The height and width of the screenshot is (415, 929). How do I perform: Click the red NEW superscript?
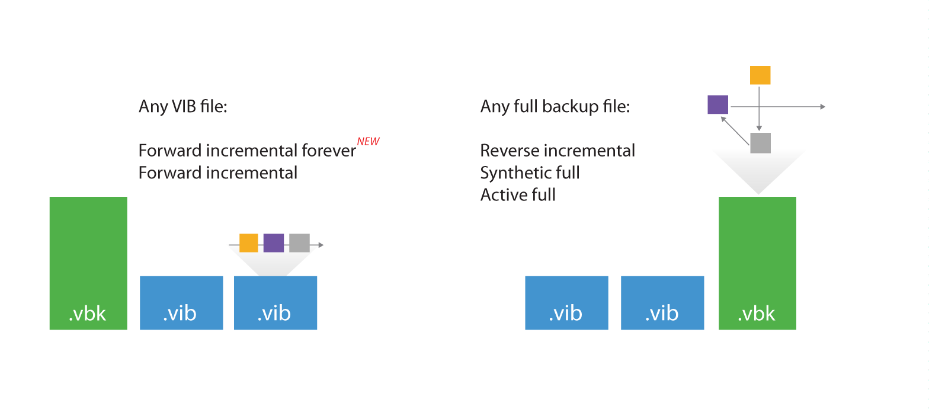click(369, 142)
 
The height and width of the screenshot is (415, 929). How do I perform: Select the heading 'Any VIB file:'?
click(183, 106)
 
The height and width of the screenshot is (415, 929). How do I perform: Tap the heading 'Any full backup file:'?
click(555, 107)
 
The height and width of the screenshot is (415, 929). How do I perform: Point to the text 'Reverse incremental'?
click(558, 150)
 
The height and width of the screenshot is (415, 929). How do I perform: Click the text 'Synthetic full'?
click(530, 173)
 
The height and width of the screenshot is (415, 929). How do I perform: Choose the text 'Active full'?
click(518, 194)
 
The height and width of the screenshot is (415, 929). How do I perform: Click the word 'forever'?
click(329, 150)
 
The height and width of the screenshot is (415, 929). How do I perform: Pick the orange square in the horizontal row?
click(249, 243)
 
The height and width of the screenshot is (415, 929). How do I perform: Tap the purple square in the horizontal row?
click(274, 243)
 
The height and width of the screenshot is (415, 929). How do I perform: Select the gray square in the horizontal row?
click(299, 243)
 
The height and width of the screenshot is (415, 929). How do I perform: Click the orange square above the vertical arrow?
click(760, 75)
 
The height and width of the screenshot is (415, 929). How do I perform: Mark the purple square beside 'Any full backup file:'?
click(718, 104)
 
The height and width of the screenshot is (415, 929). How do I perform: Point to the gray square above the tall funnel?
click(761, 143)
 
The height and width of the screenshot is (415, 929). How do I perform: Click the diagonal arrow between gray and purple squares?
click(735, 130)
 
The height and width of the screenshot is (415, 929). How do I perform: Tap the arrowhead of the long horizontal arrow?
click(823, 107)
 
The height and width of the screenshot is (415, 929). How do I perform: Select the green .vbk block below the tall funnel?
click(757, 263)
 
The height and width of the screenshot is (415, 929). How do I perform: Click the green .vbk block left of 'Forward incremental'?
click(88, 263)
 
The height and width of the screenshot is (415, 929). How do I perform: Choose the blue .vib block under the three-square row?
click(276, 303)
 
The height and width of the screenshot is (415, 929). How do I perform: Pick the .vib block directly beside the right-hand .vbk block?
click(662, 303)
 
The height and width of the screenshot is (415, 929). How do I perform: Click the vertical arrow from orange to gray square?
click(759, 108)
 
